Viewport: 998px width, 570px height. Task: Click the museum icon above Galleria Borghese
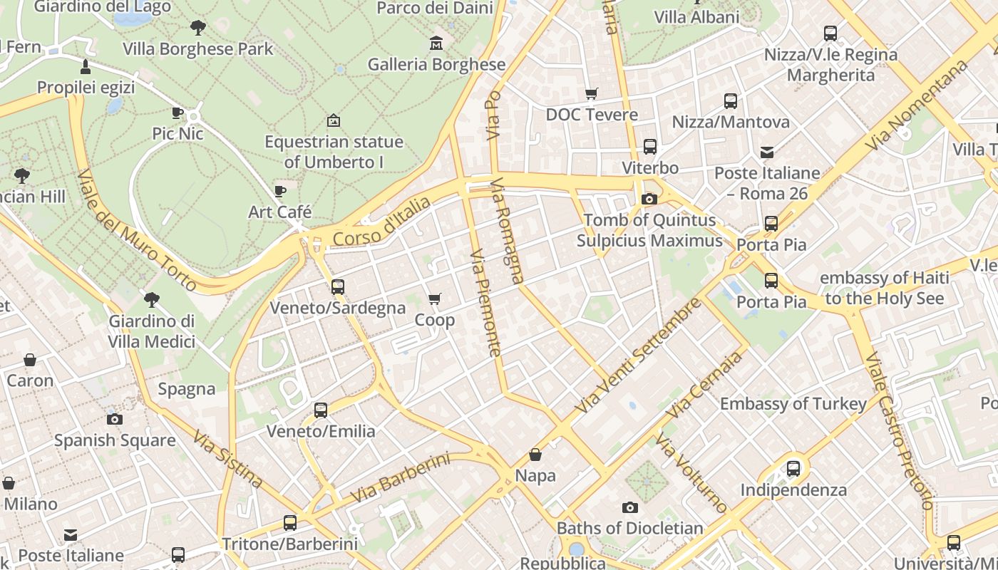tap(436, 44)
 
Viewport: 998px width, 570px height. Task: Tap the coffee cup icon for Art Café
tap(280, 192)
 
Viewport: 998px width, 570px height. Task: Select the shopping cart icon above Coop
tap(435, 299)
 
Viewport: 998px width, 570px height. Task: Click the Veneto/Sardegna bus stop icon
tap(338, 287)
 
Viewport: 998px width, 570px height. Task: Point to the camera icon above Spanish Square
tap(114, 419)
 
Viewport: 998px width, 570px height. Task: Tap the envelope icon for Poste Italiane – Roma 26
tap(767, 152)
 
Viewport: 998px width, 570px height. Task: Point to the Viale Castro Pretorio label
tap(899, 430)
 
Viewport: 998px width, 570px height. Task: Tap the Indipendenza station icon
tap(793, 469)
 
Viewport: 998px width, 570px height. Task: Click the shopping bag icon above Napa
tap(535, 455)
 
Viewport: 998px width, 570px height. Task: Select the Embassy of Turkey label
tap(793, 404)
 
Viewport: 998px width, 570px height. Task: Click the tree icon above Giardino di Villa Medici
tap(151, 300)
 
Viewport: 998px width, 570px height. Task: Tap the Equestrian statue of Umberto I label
tap(334, 152)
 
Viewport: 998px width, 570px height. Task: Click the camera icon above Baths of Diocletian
tap(629, 507)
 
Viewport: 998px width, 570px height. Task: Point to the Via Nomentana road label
tap(917, 105)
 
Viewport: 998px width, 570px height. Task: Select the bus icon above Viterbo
tap(650, 147)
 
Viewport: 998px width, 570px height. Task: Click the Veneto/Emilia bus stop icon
tap(321, 410)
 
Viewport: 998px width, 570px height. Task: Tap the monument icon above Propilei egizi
tap(86, 68)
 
